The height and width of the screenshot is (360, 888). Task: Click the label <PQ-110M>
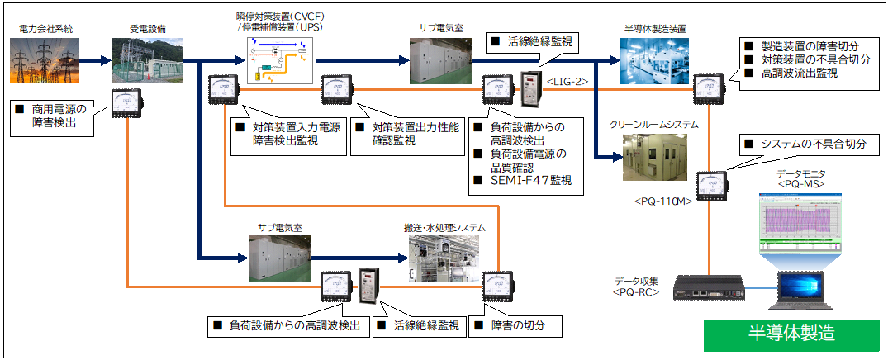pyautogui.click(x=662, y=201)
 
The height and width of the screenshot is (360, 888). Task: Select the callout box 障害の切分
pyautogui.click(x=517, y=325)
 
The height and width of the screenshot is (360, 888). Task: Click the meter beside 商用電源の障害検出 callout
pyautogui.click(x=128, y=103)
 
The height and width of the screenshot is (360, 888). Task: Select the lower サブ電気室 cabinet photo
pyautogui.click(x=278, y=258)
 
